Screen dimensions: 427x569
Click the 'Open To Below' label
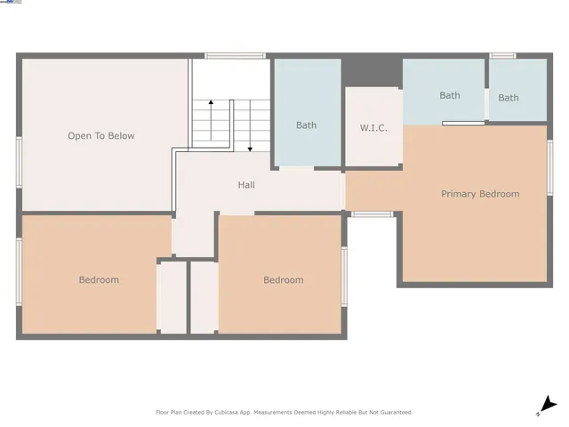coord(101,136)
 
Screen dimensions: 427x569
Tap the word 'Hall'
coord(246,185)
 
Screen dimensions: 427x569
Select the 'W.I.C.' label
coord(373,128)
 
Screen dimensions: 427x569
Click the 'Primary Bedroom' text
coord(480,194)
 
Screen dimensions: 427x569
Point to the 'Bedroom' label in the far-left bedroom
coord(99,280)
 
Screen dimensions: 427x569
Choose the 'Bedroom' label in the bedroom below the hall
coord(283,280)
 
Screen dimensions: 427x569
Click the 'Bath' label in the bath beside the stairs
coord(306,125)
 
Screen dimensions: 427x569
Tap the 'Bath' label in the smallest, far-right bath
coord(509,98)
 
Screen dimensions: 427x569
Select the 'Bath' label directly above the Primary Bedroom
coord(449,95)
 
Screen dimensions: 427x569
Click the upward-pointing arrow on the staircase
coord(211,104)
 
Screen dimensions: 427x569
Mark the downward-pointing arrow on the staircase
coord(250,147)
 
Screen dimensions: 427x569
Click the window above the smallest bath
coord(503,56)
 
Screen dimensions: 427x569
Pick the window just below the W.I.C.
coord(372,213)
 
